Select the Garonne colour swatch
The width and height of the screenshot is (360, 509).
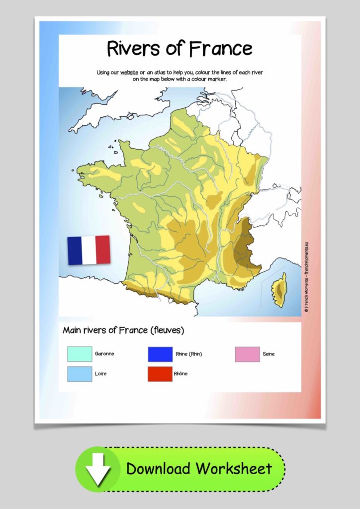[x=80, y=354]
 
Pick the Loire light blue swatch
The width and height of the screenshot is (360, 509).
[x=80, y=374]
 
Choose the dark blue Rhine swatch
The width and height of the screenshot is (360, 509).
[x=160, y=354]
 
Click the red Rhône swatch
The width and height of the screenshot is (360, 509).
[x=160, y=374]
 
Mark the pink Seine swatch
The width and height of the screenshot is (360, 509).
[x=247, y=354]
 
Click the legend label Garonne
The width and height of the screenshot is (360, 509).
[x=104, y=354]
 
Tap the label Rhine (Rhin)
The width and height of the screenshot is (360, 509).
[x=189, y=354]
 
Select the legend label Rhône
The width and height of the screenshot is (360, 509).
[x=181, y=374]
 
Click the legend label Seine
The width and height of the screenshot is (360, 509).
[x=269, y=354]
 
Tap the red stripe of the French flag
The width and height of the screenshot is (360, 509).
[x=103, y=250]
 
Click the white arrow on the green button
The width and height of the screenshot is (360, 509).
[x=99, y=469]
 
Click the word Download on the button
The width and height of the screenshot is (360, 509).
[x=158, y=468]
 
